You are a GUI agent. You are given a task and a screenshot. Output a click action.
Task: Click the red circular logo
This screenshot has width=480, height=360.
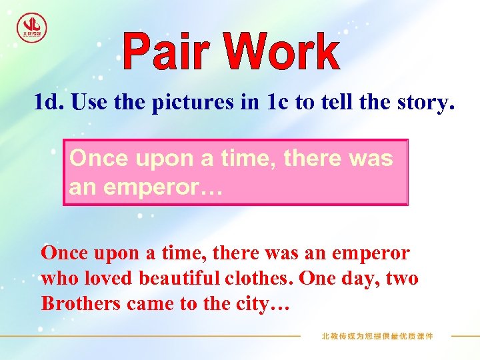point(31,27)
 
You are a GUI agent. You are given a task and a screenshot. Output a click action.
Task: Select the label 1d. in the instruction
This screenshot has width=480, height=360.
point(49,103)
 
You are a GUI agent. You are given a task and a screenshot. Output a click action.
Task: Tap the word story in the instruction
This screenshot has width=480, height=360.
point(422,103)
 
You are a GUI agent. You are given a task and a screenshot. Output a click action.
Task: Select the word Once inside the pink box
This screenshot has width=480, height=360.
point(99,159)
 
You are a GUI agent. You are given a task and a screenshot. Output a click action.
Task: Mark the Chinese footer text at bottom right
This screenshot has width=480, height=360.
point(377,336)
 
